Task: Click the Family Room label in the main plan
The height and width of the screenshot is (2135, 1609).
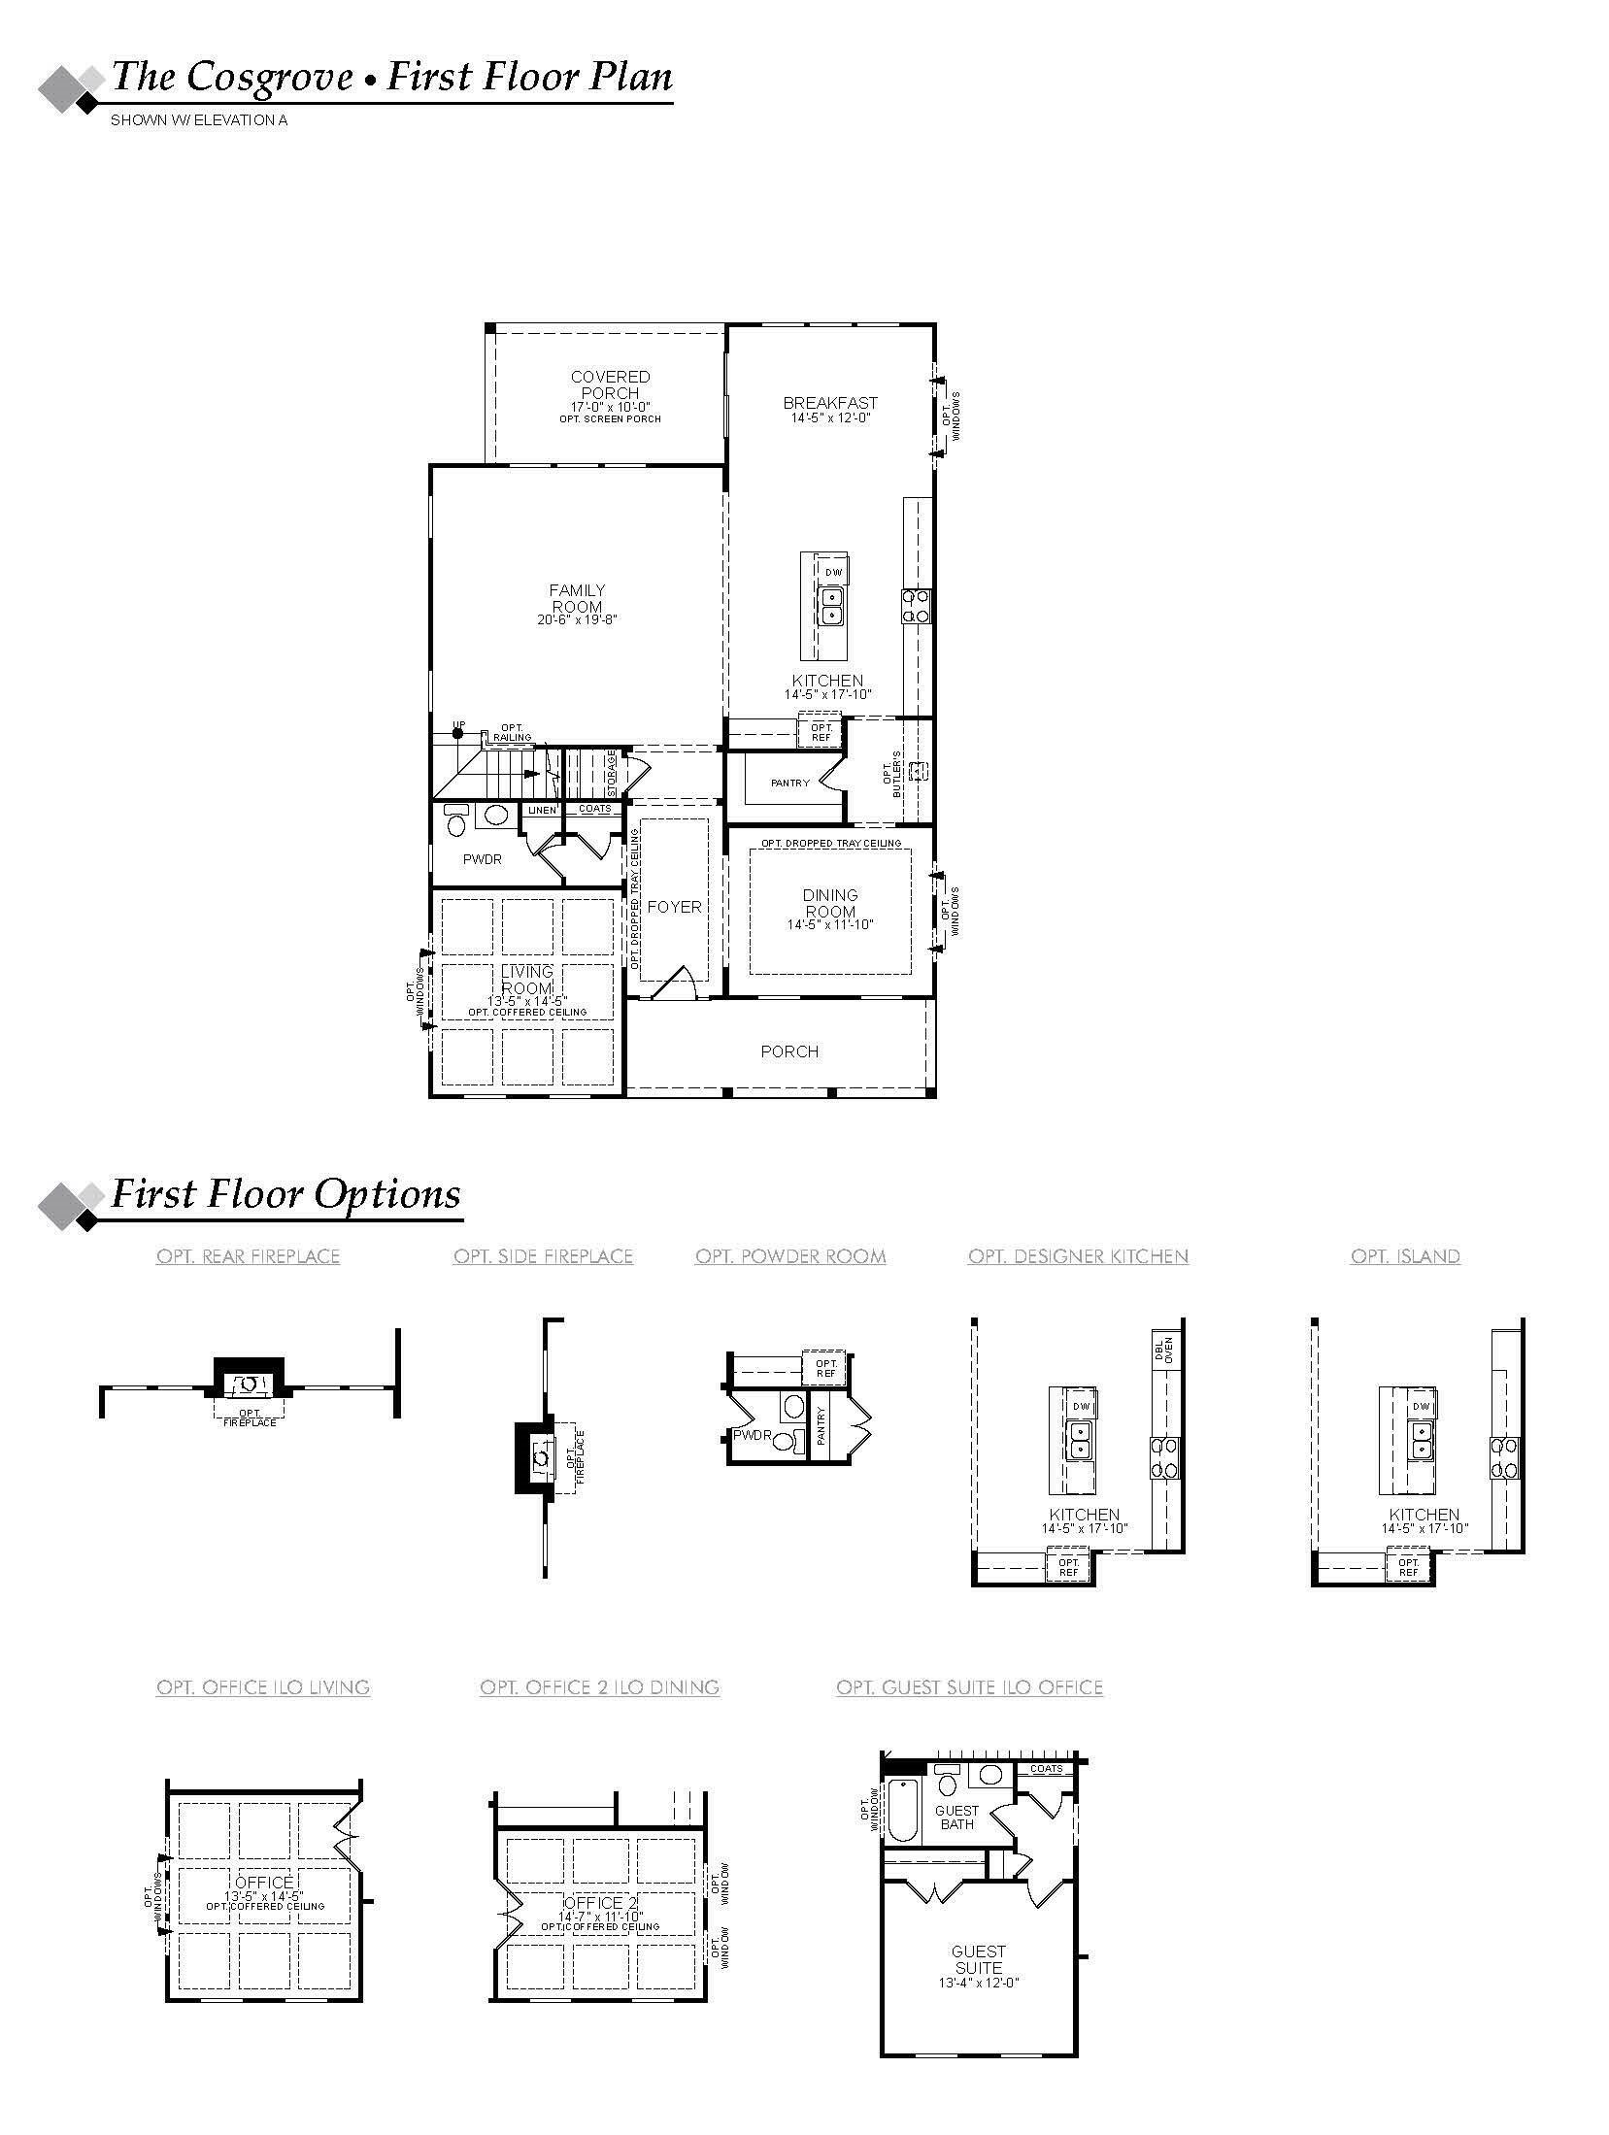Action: (577, 598)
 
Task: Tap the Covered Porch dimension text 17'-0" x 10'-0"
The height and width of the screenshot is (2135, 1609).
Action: (610, 407)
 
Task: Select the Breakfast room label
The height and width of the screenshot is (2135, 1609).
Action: (830, 402)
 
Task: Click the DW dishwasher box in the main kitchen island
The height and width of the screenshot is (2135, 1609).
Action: (833, 572)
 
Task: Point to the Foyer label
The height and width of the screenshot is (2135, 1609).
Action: (674, 906)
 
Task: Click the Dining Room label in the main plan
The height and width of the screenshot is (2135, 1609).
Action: (830, 903)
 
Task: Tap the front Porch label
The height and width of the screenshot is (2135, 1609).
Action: (789, 1051)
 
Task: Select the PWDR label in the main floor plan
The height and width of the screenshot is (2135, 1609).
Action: (482, 859)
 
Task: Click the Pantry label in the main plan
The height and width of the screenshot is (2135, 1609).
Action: (789, 783)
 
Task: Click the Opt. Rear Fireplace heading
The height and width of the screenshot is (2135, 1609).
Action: (248, 1256)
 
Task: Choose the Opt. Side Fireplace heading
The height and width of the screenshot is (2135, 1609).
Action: (543, 1256)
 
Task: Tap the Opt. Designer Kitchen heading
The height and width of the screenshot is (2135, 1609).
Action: (1078, 1256)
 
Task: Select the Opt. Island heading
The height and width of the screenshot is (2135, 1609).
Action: (1405, 1256)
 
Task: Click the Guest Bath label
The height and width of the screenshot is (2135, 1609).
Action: (956, 1817)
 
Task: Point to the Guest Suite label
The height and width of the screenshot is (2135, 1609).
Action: (978, 1959)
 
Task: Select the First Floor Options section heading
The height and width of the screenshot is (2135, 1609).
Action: (285, 1193)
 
